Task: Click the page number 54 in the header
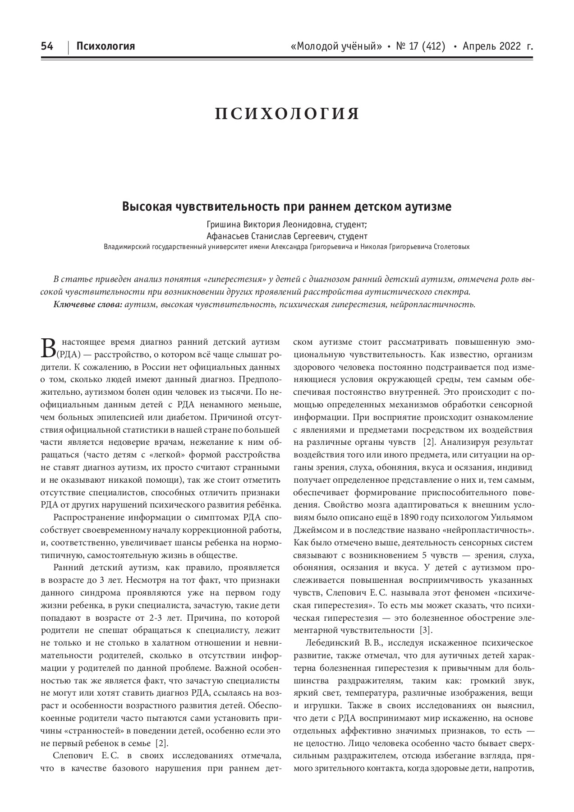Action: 47,46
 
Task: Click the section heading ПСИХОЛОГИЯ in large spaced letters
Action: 287,114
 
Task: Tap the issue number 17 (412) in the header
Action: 421,46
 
